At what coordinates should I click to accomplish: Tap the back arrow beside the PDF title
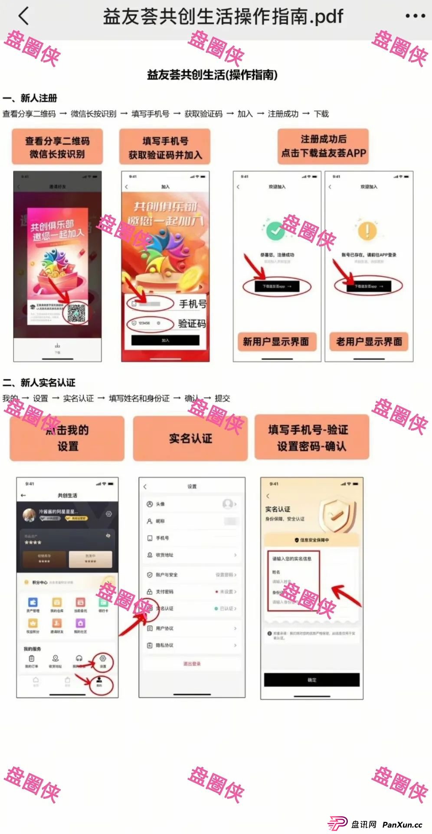point(24,16)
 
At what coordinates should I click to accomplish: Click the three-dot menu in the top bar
point(415,16)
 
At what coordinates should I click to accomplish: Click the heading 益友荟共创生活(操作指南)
point(212,75)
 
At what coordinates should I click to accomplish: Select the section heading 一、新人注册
point(30,98)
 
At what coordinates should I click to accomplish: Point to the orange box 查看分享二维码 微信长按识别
point(57,147)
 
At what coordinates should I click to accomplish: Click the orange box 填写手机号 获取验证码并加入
point(165,147)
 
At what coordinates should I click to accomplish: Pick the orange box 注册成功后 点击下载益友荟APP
point(323,146)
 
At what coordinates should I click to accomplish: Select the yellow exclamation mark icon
point(367,230)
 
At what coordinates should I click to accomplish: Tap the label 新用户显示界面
point(275,342)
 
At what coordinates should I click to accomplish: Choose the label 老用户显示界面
point(369,342)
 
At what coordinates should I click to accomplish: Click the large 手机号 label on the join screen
point(193,304)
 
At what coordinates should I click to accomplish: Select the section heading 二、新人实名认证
point(39,383)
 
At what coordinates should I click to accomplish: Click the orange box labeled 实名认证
point(190,438)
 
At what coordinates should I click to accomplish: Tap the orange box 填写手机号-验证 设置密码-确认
point(311,438)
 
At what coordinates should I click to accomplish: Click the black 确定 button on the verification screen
point(312,680)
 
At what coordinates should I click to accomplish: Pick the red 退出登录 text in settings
point(192,664)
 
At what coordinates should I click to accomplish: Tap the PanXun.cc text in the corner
point(402,824)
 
